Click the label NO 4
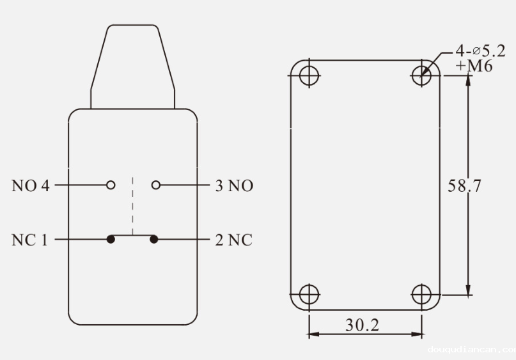coord(30,186)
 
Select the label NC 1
coord(29,240)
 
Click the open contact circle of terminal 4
coord(111,185)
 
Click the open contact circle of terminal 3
coord(155,185)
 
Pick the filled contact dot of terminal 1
coord(111,240)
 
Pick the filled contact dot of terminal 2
coord(154,240)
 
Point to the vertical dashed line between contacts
coord(132,205)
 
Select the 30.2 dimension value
coord(362,325)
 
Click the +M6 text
coord(476,66)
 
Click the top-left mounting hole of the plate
coord(309,75)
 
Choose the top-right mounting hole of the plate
coord(421,75)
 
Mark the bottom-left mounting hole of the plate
coord(309,295)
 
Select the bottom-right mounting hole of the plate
coord(421,295)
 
